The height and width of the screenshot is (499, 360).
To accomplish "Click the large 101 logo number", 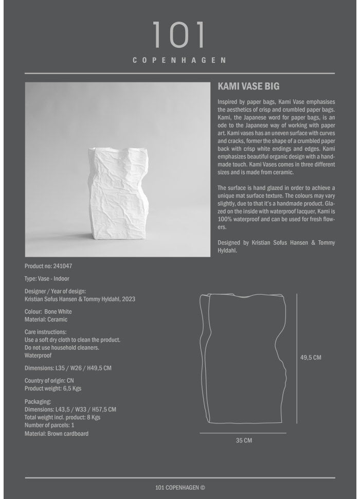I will point(179,35).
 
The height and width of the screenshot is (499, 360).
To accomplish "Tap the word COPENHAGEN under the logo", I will point(179,60).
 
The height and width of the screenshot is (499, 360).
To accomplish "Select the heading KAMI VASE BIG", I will point(248,87).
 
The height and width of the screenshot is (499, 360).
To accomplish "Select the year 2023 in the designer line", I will point(129,299).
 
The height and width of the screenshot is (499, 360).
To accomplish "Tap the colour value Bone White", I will point(58,312).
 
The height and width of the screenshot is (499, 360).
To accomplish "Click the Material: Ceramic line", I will point(46,319).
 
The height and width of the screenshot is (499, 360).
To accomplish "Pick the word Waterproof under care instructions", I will point(38,355).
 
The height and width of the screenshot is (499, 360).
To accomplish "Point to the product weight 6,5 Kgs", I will point(73,388).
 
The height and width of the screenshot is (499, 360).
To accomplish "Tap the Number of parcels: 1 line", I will point(49,425).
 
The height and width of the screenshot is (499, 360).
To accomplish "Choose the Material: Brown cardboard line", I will point(57,434).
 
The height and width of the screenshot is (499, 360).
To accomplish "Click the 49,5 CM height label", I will point(311,358).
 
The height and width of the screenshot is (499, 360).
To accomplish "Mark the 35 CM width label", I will point(244,440).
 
